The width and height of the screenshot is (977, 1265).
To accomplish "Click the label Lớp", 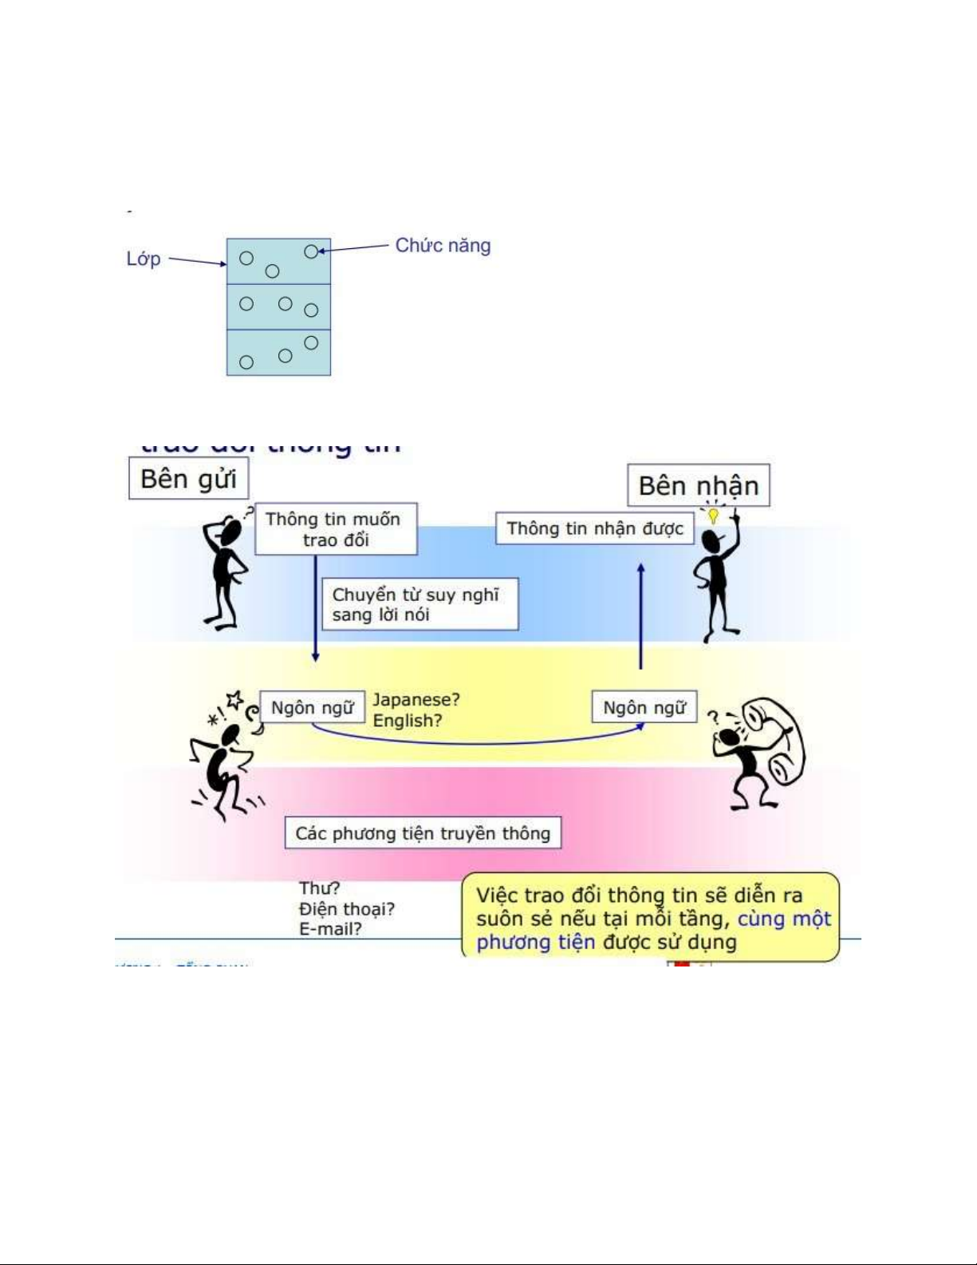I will pos(144,259).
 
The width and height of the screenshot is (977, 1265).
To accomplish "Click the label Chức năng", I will pos(443,245).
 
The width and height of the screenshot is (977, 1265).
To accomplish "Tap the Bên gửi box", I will pos(188,478).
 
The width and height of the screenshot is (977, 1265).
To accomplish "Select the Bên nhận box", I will pos(698,485).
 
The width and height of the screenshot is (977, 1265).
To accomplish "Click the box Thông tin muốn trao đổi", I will pos(335,529).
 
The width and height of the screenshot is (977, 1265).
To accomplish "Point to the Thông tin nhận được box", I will pos(594,528).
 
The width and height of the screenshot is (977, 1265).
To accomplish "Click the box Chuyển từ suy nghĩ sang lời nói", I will pos(419,604).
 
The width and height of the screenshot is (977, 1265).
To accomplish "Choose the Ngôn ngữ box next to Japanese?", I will pos(312,707).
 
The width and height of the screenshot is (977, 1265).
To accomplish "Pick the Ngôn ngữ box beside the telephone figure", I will pos(644,707).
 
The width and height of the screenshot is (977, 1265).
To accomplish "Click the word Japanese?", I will pos(416,699).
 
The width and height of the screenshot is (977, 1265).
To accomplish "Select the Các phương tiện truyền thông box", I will pos(423,833).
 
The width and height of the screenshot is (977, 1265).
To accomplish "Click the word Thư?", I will pos(319,888).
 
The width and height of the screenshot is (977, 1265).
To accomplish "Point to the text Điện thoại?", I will pos(346,909).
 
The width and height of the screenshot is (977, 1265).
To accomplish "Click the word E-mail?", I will pos(330,929).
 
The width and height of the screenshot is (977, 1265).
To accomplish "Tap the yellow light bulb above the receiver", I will pos(713,516).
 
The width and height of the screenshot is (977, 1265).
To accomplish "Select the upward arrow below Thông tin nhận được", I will pos(640,615).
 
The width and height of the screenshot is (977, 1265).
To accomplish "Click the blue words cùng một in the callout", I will pos(783,919).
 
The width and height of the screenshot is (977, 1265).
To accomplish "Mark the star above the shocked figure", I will pos(234,701).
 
